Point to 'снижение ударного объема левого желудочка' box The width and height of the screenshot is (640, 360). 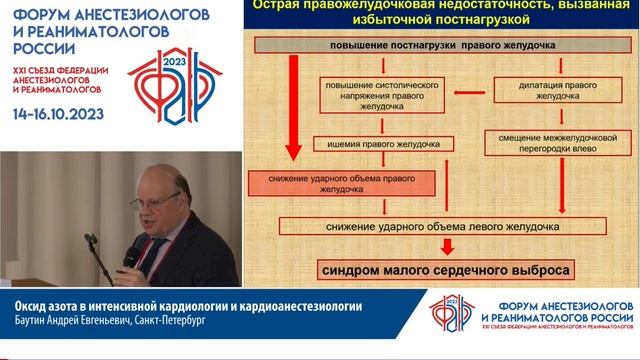442,227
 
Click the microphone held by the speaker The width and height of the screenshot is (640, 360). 130,259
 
